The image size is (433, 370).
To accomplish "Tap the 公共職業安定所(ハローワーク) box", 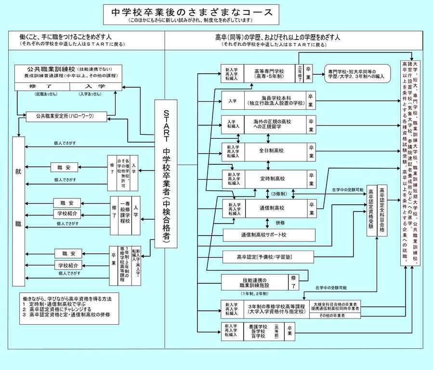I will [66, 117].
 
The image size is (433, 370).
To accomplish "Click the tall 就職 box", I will [18, 211].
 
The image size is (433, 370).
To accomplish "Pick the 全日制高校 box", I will [275, 151].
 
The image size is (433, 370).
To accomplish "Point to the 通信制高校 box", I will [275, 208].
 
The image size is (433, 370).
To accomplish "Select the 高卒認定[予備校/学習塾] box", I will [268, 257].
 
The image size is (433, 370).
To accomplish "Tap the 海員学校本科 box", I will [275, 100].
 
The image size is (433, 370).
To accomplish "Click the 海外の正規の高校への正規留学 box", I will [275, 124].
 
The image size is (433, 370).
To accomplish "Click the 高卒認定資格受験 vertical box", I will [371, 211].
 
